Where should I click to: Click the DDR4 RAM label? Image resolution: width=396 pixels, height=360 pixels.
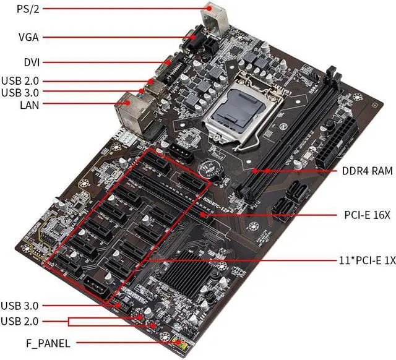(x=364, y=171)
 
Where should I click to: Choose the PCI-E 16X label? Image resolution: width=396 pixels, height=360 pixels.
(x=367, y=215)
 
